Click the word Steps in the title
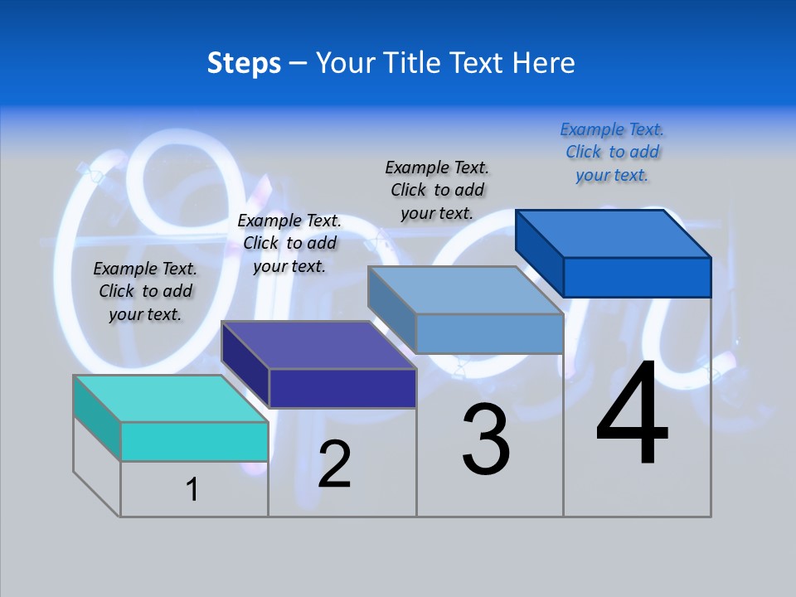point(244,63)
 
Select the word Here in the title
point(544,63)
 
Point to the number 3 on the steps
point(486,439)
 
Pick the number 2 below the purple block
point(334,464)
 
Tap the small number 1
point(192,490)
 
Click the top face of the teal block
point(170,398)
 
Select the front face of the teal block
point(194,441)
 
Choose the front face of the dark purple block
point(342,388)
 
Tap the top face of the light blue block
point(465,290)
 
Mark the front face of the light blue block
point(489,333)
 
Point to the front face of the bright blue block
point(637,277)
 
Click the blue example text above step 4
point(612,153)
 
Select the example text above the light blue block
point(437,190)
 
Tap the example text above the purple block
point(289,243)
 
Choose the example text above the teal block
point(145,291)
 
